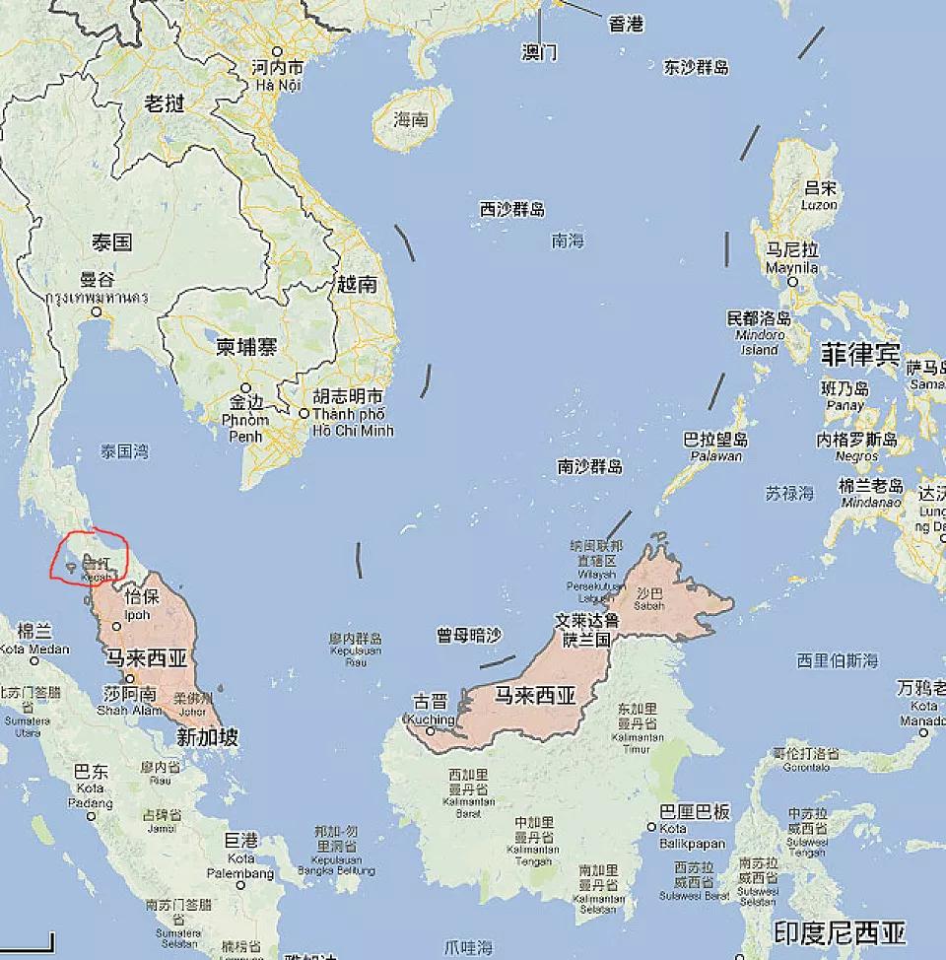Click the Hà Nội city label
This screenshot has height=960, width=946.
pos(277,85)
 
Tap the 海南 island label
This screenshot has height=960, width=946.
pos(411,120)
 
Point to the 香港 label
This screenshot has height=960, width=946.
pos(626,25)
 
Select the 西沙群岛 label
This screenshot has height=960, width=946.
pos(512,209)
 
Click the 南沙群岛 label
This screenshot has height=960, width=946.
pos(589,466)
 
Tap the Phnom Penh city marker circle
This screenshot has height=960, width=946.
pos(245,387)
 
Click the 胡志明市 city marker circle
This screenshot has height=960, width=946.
pos(304,413)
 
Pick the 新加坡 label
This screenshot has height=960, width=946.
pos(207,736)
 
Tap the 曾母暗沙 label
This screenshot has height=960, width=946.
pos(469,636)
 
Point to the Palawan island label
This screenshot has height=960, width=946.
pos(715,455)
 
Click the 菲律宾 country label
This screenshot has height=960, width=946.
pos(860,352)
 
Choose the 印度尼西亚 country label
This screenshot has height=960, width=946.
pos(840,932)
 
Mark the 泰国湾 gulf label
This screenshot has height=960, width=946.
pos(124,451)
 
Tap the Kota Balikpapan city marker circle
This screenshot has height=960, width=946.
pos(651,827)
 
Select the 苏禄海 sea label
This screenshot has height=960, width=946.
pos(789,492)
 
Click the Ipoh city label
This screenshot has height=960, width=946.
pos(137,615)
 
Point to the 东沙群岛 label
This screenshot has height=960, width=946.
pos(697,67)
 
